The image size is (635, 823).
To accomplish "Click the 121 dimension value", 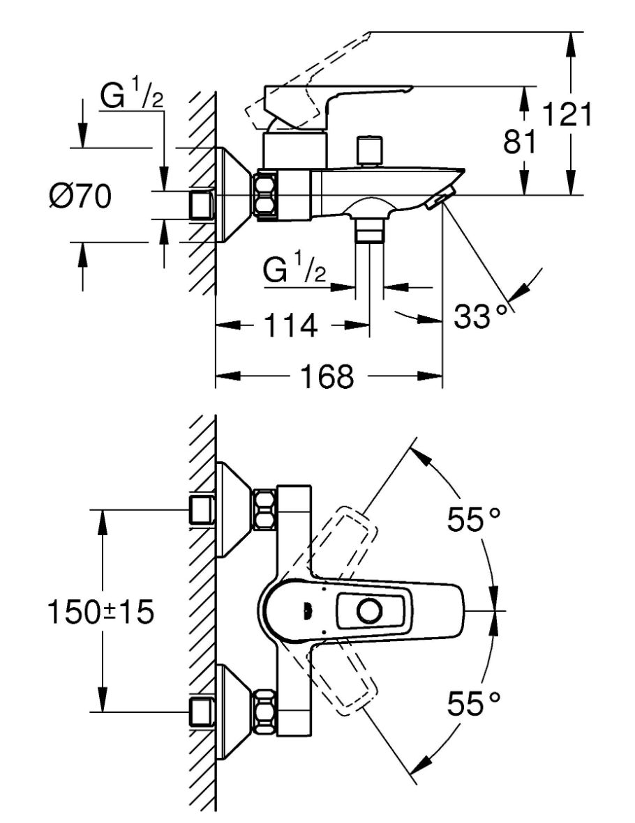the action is [x=567, y=114].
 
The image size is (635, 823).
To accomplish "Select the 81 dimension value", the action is [x=521, y=141].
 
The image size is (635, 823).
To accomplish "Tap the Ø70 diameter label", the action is [x=80, y=197].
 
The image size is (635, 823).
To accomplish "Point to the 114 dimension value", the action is [x=290, y=325].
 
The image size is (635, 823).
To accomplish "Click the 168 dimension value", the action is [x=327, y=376].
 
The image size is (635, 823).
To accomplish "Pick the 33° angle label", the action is [x=481, y=316].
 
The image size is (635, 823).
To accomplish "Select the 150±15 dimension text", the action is [x=100, y=612].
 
